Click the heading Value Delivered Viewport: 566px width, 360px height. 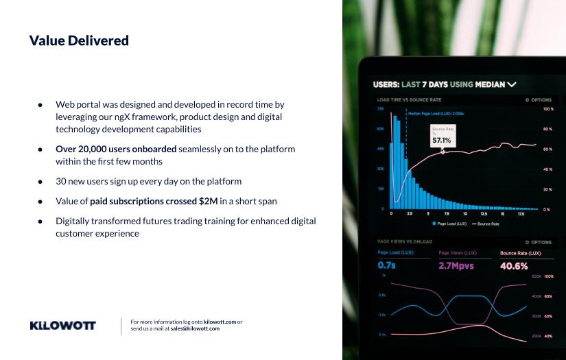pos(79,40)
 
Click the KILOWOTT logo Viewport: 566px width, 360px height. pos(63,326)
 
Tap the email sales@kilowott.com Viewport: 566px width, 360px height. pos(195,328)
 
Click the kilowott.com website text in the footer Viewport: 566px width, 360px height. pos(220,322)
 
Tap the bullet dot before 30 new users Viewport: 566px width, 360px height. pos(40,182)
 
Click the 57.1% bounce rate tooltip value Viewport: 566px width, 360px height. pos(441,141)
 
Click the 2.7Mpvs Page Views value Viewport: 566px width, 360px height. pos(458,266)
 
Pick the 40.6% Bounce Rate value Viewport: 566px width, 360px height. pos(514,266)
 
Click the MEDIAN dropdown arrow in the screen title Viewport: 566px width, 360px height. pos(511,85)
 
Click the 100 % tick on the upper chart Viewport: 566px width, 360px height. pos(547,109)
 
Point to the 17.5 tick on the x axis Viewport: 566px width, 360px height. pos(521,214)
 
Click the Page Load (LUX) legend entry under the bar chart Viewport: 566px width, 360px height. pos(449,224)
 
